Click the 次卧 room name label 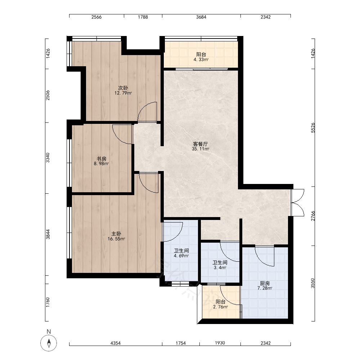click(123, 88)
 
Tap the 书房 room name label click(101, 159)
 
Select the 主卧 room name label click(116, 234)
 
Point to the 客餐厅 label click(201, 144)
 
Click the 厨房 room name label click(265, 283)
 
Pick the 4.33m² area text click(201, 60)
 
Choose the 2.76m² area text click(220, 307)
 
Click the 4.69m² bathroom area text click(181, 256)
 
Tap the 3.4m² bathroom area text click(220, 267)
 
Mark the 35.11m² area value click(201, 149)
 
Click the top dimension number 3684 click(201, 17)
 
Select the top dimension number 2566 click(96, 17)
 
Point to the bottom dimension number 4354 click(116, 343)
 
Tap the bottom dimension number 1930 click(220, 343)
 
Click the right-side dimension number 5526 click(313, 128)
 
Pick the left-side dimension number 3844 click(48, 234)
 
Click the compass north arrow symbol click(49, 343)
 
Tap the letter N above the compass click(49, 332)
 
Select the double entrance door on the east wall click(298, 202)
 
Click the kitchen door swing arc click(261, 260)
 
